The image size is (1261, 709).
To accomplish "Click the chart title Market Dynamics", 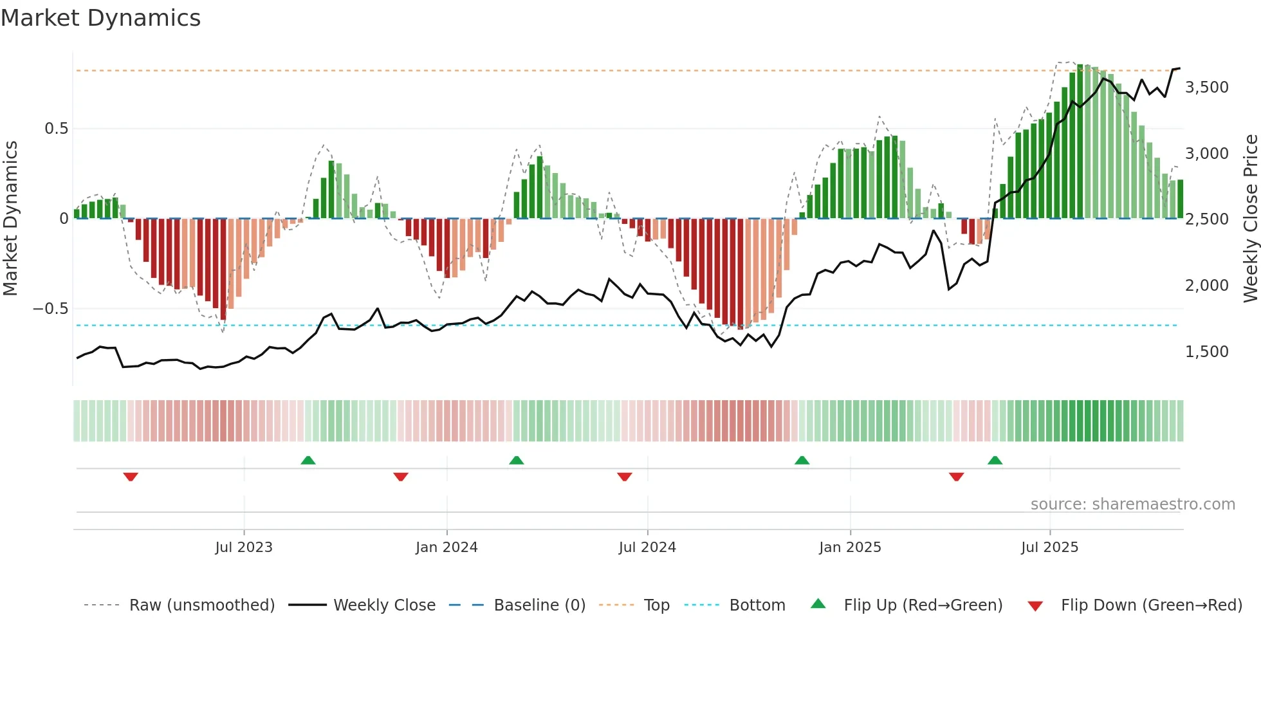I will (x=100, y=18).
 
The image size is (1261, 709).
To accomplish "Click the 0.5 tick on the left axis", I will (x=56, y=129).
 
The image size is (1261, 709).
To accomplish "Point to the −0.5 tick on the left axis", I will (x=51, y=309).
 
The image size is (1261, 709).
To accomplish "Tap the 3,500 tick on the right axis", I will (x=1206, y=87).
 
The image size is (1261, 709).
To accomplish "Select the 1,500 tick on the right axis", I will (x=1206, y=352).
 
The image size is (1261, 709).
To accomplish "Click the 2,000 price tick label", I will (x=1206, y=286).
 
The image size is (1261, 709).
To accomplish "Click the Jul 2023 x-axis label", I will (x=244, y=548).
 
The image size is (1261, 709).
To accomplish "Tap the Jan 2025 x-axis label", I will (x=850, y=548).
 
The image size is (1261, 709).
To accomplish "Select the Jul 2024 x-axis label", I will (x=647, y=548).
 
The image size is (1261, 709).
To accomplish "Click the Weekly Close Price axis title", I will (x=1250, y=219).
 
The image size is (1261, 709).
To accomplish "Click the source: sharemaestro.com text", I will (x=1132, y=504).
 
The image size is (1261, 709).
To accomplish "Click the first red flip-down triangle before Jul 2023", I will (x=131, y=477).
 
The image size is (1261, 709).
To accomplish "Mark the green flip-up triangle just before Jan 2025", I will (x=802, y=460).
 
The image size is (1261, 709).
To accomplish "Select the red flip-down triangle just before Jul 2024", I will (x=624, y=477).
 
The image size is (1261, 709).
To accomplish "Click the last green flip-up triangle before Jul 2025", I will (x=995, y=460).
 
